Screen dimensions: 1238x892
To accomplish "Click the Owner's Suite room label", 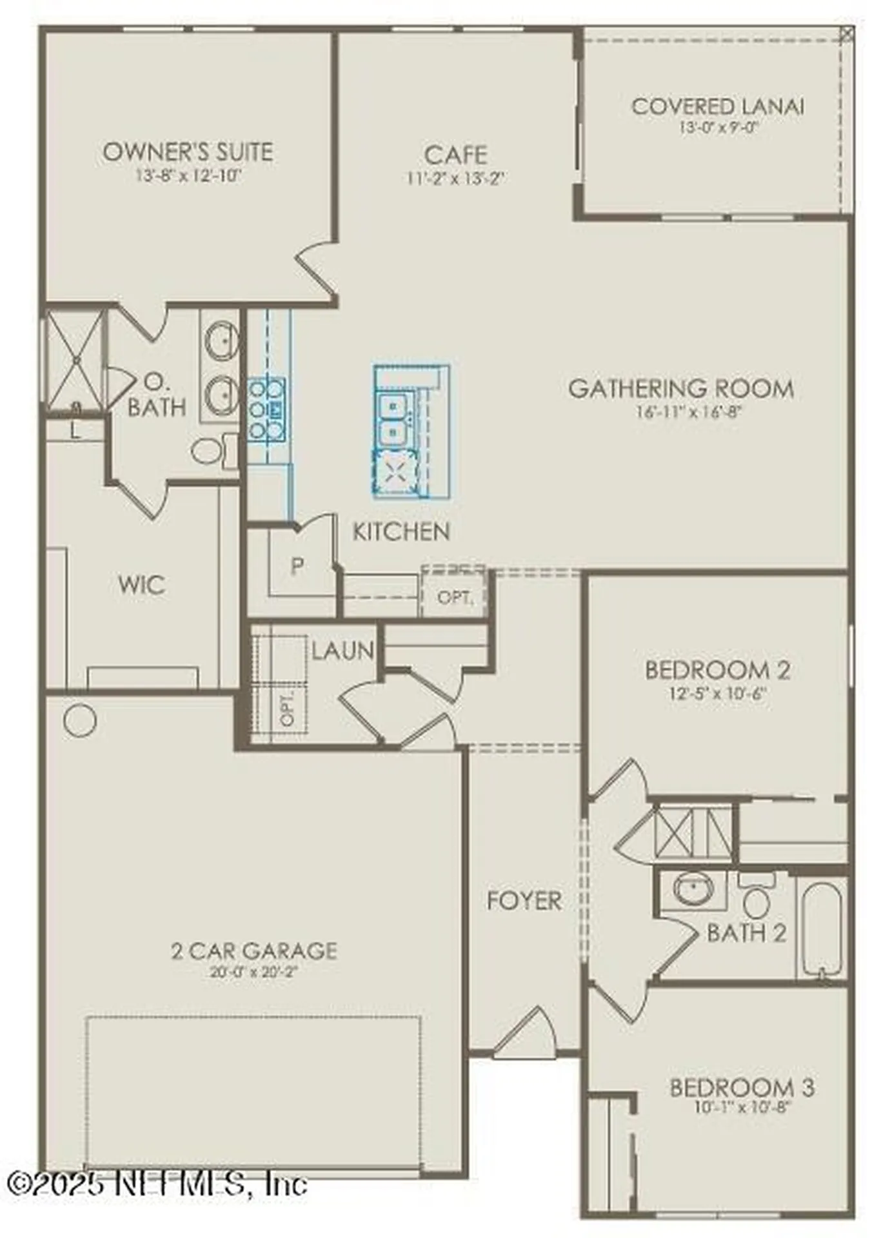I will coord(188,152).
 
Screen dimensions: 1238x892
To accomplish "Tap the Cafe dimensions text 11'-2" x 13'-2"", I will coord(455,178).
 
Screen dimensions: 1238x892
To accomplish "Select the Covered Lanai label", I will coord(717,106).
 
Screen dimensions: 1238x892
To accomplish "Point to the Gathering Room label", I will coord(681,389).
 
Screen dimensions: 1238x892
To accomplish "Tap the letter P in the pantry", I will coord(297,566).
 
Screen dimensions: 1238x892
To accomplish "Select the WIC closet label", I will coord(141,585).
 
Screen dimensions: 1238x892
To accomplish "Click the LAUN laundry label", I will coord(342,651).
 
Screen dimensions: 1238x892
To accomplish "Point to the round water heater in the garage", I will coord(81,720).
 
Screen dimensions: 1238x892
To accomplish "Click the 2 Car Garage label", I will coord(254,950).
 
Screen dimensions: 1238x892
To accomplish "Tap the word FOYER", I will coord(524,901).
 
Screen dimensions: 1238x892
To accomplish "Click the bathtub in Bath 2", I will coord(821,929).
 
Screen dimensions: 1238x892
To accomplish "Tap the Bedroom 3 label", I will coord(742,1088).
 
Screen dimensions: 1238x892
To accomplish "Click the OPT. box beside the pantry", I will coord(455,596).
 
